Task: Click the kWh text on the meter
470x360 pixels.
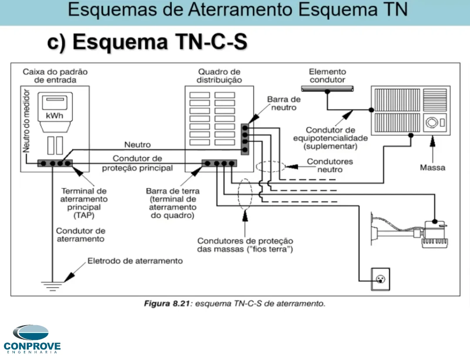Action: tap(54, 116)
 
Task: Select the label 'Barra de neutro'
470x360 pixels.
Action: tap(283, 104)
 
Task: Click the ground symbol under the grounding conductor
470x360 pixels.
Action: tap(52, 285)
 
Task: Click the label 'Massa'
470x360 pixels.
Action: tap(433, 167)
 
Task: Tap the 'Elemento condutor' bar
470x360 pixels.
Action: tap(327, 89)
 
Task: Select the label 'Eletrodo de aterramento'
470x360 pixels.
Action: tap(135, 261)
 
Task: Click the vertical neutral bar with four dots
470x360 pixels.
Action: tap(245, 138)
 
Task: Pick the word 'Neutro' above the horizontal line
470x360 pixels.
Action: tap(138, 145)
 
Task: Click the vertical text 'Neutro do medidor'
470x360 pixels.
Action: tap(27, 121)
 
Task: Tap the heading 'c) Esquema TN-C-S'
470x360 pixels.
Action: tap(148, 43)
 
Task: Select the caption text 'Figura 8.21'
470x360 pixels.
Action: tap(167, 304)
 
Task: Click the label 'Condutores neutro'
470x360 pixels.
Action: tap(330, 165)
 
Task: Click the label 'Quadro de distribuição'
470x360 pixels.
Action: tap(219, 76)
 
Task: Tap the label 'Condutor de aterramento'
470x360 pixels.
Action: tap(81, 235)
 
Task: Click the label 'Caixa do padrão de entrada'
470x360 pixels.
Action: tap(55, 76)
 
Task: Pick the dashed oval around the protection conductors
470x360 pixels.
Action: tap(245, 195)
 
